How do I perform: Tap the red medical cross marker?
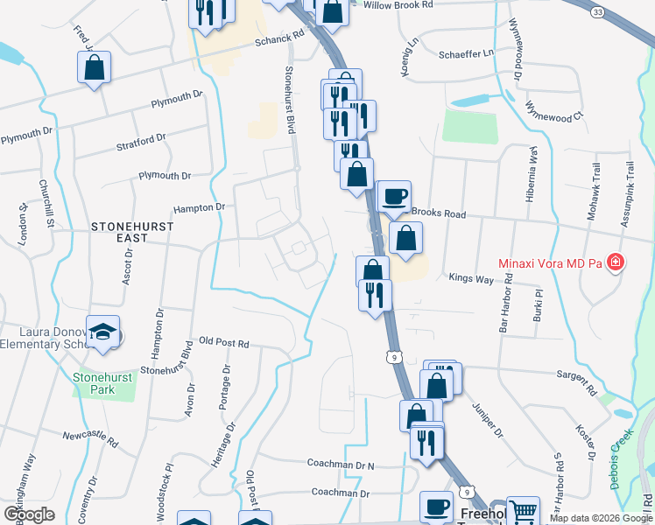coord(616,262)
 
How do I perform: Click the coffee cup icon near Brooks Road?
coord(393,195)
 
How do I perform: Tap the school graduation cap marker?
coord(103,331)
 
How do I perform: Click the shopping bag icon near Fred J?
coord(94,67)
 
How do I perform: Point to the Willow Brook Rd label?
coord(398,5)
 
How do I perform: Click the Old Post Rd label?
coord(224,341)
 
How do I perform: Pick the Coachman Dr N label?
coord(341,464)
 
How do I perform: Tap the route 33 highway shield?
coord(597,12)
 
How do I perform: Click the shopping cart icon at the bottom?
coord(523,511)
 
